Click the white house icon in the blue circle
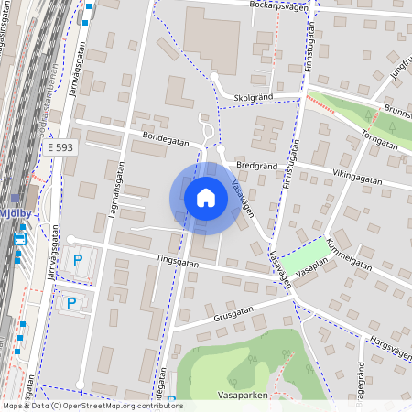click(206, 197)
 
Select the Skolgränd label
click(255, 96)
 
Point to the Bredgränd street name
click(255, 166)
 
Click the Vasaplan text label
click(310, 274)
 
